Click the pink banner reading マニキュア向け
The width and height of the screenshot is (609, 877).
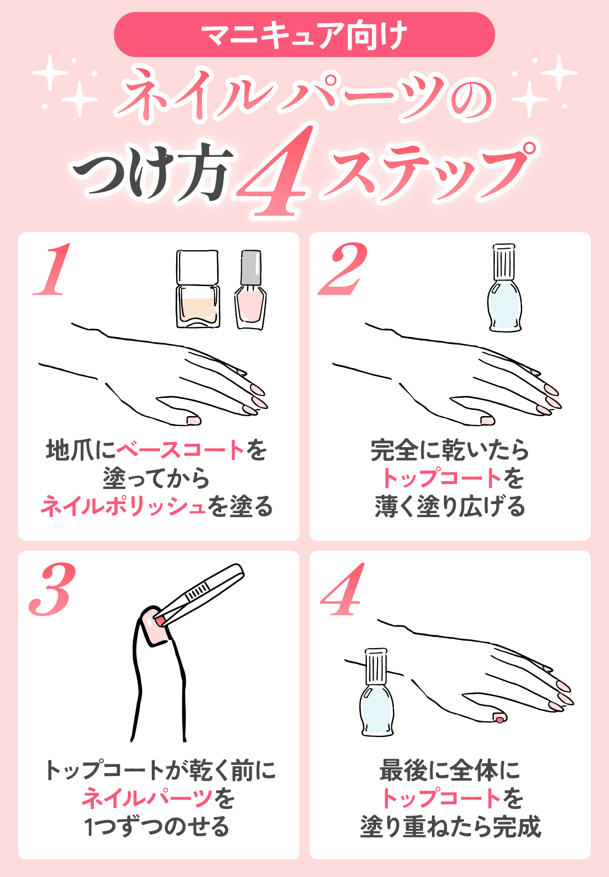[304, 35]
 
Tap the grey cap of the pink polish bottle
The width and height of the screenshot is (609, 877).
[251, 267]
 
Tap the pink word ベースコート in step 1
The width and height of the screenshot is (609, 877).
[181, 450]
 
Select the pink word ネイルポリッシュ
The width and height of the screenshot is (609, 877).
[123, 507]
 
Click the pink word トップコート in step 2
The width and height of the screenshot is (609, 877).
[442, 478]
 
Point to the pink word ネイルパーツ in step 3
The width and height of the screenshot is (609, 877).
[147, 798]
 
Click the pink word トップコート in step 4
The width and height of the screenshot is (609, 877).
[442, 798]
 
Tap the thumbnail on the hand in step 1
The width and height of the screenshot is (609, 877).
[193, 420]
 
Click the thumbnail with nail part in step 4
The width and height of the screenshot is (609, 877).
[499, 717]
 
